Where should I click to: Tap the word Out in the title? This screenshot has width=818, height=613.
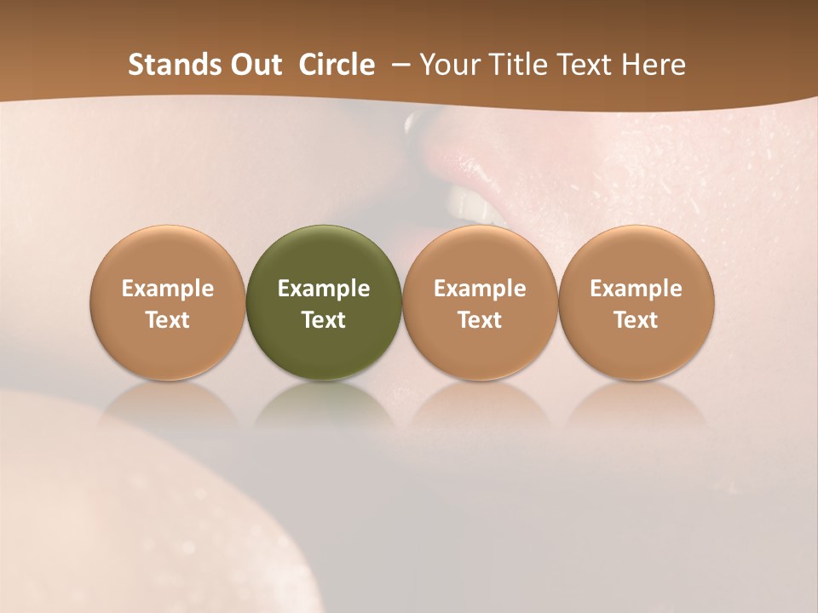[254, 65]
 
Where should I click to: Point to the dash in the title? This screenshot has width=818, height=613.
[398, 66]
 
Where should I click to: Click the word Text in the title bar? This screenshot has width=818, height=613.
[585, 65]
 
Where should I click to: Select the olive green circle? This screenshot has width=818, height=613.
[324, 255]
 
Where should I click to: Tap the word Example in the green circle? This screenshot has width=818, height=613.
[324, 289]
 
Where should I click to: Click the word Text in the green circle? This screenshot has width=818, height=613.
[324, 320]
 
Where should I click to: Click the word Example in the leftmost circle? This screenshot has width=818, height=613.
[168, 289]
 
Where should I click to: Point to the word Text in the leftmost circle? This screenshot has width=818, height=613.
[168, 320]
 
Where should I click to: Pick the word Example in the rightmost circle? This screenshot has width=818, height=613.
[636, 289]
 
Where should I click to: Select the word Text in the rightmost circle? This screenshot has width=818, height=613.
[636, 320]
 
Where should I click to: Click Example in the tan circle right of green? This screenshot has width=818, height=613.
[480, 289]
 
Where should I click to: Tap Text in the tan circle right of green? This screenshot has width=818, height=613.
[480, 320]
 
